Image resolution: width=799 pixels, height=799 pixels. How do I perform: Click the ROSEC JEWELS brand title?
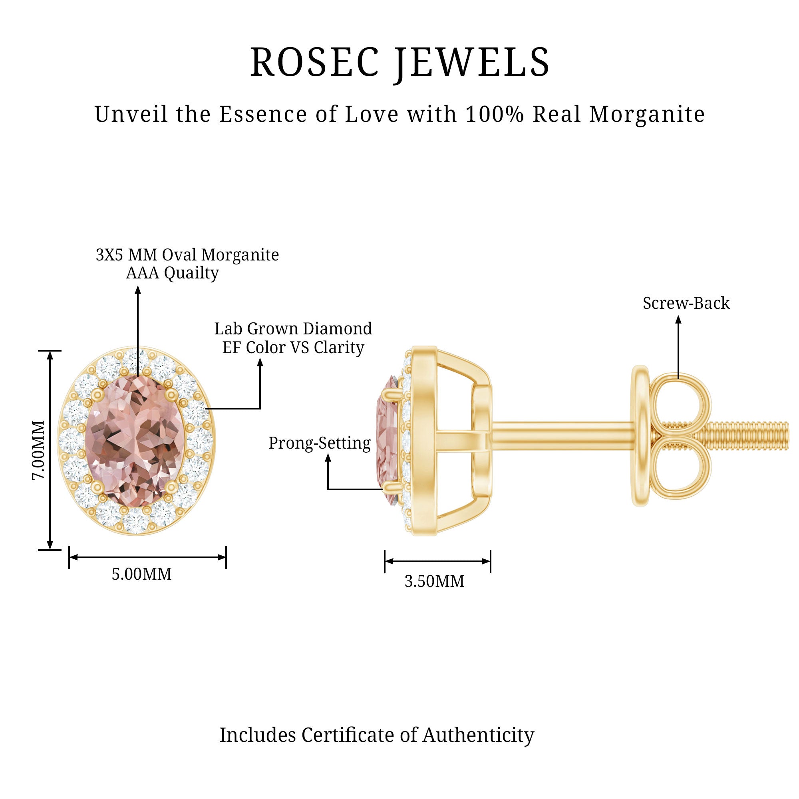(399, 62)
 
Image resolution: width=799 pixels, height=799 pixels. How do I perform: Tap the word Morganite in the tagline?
(647, 114)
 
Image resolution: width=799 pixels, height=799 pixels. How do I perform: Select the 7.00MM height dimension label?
(38, 450)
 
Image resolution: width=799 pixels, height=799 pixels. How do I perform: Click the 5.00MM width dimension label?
(141, 574)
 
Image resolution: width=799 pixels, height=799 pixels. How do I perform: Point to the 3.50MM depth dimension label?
(434, 581)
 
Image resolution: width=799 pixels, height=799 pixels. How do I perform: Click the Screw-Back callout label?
(686, 304)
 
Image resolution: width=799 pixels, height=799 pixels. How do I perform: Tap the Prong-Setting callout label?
(319, 443)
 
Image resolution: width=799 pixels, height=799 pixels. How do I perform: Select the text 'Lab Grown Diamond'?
(293, 329)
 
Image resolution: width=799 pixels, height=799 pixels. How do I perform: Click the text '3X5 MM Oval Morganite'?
(187, 255)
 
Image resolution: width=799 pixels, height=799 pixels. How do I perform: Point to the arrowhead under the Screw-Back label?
(678, 320)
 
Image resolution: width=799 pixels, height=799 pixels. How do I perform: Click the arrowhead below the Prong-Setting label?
(328, 458)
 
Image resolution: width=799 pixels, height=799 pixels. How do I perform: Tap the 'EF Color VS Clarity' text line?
(293, 348)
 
